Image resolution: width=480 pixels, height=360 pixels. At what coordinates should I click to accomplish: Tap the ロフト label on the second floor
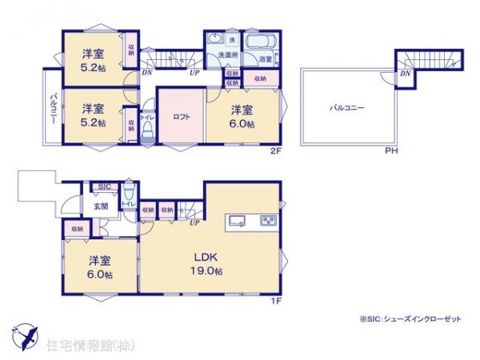pos(182,117)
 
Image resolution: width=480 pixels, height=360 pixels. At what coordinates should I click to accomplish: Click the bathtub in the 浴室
pos(258,43)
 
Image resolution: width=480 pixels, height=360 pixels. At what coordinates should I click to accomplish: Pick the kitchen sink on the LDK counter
pos(239,221)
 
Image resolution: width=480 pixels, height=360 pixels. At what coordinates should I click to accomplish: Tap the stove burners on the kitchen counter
pos(267,221)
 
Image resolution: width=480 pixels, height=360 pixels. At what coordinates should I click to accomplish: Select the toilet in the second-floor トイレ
pos(148,130)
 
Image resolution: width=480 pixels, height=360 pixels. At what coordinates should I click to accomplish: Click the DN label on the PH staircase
pos(406,74)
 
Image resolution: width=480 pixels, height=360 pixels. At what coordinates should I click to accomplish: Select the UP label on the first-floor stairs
pos(194,222)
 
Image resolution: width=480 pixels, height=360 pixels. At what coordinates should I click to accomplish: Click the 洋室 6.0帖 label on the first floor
pos(101,267)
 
